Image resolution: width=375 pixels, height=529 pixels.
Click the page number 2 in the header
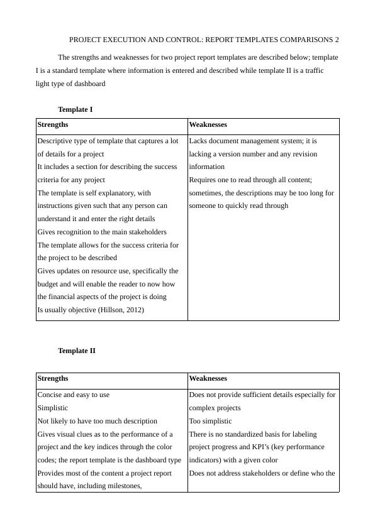[337, 40]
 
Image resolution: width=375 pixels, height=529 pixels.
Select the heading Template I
[75, 109]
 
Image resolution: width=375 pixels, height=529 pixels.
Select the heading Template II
[76, 351]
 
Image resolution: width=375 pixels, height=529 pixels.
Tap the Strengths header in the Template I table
[53, 125]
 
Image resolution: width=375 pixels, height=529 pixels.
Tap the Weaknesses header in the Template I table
[208, 125]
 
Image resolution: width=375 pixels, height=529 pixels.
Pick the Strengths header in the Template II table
[53, 378]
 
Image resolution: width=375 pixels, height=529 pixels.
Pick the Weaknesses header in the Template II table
[208, 378]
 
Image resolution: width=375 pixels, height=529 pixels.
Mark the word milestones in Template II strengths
[120, 486]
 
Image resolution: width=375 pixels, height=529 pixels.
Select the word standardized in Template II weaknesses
[242, 434]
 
